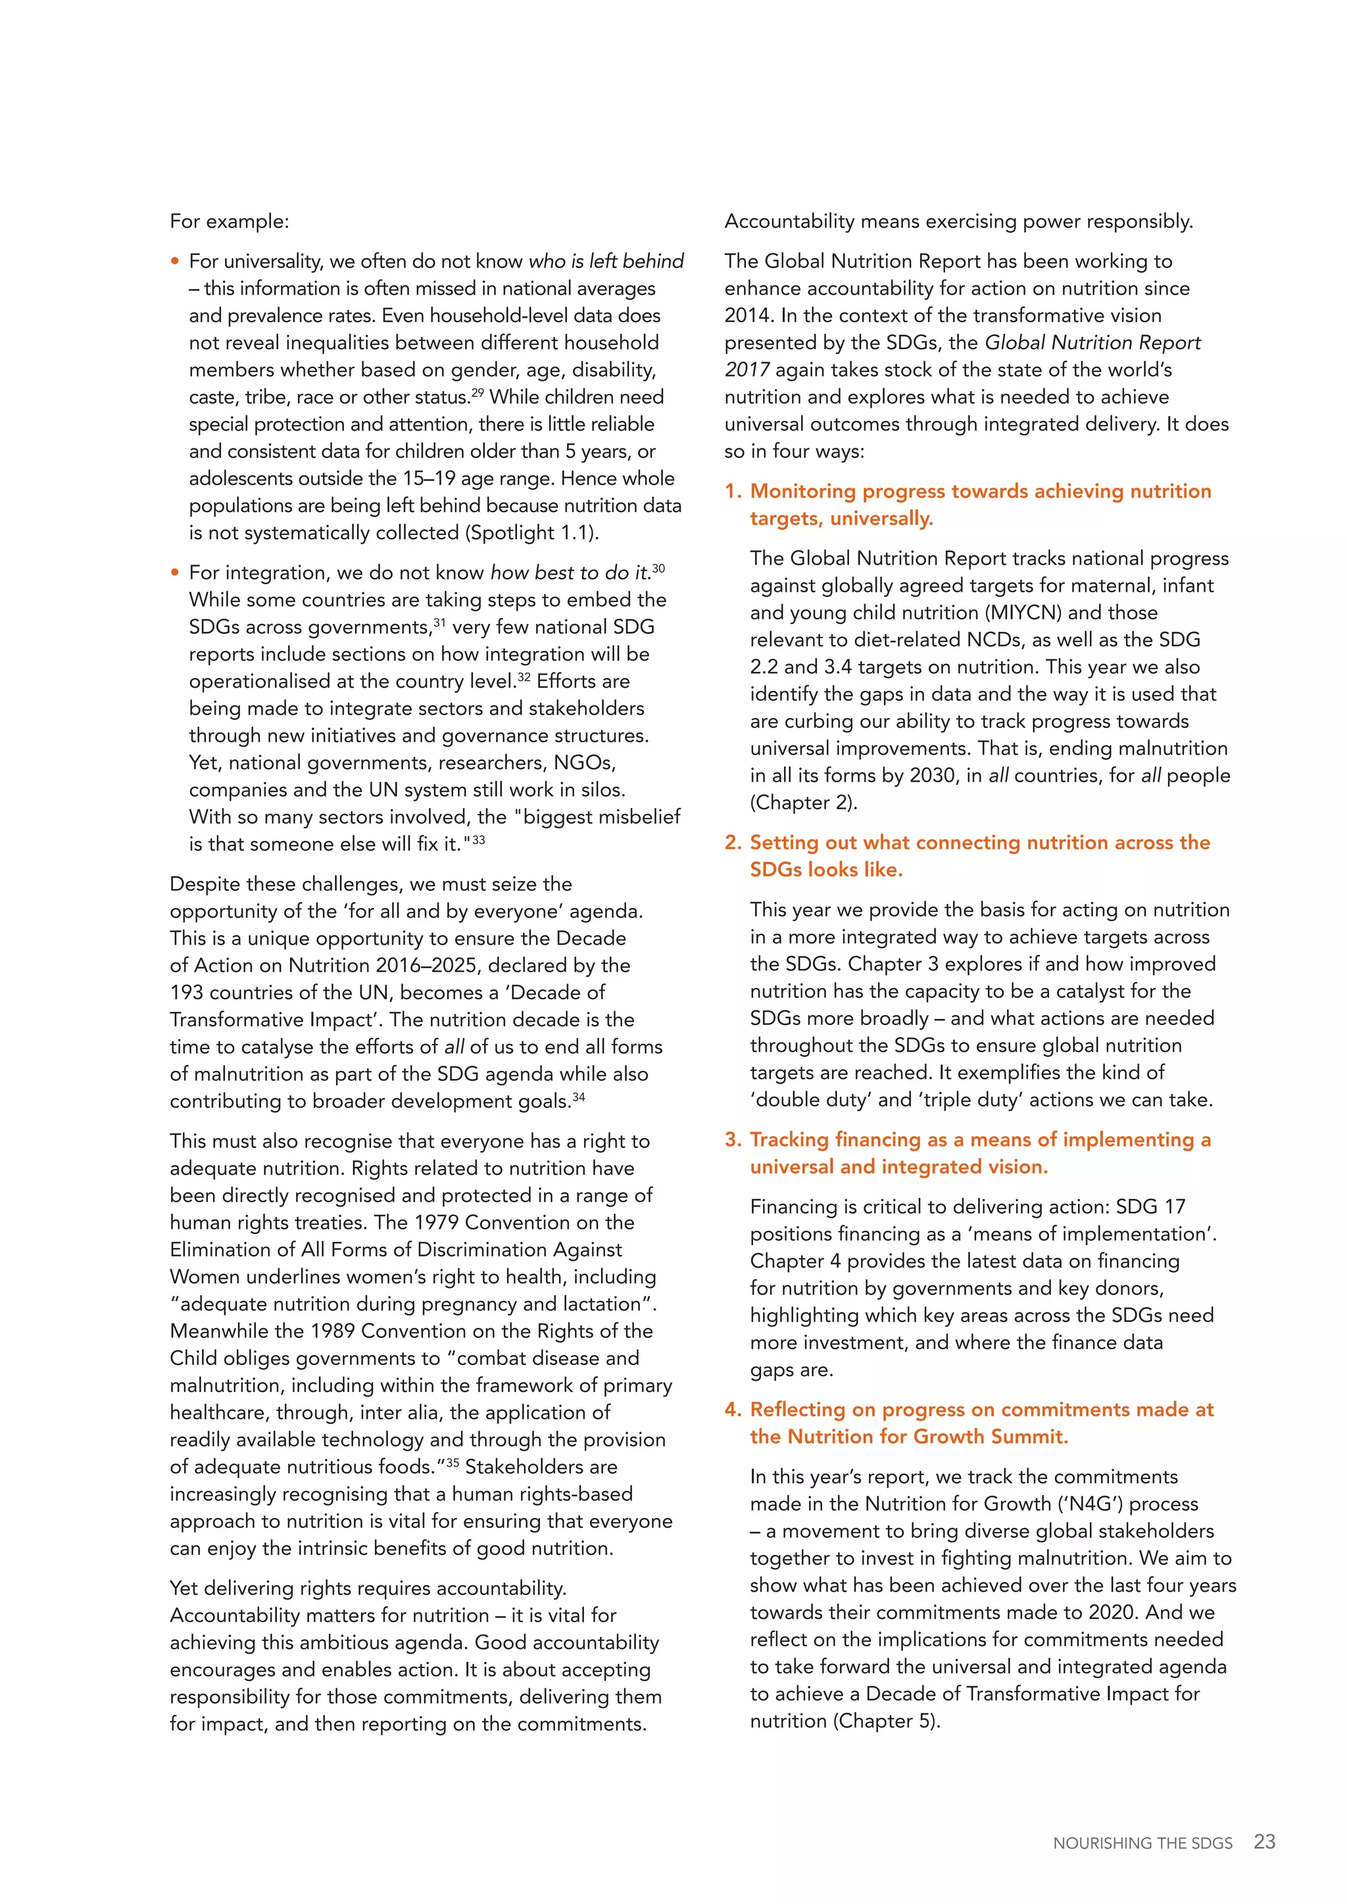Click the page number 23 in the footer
1264,1842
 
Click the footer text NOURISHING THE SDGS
1142,1844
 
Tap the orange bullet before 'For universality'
175,261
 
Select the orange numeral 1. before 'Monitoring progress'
733,491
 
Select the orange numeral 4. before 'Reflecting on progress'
733,1409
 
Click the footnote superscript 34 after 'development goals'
578,1096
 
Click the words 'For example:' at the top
229,222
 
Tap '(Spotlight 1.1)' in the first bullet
533,533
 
